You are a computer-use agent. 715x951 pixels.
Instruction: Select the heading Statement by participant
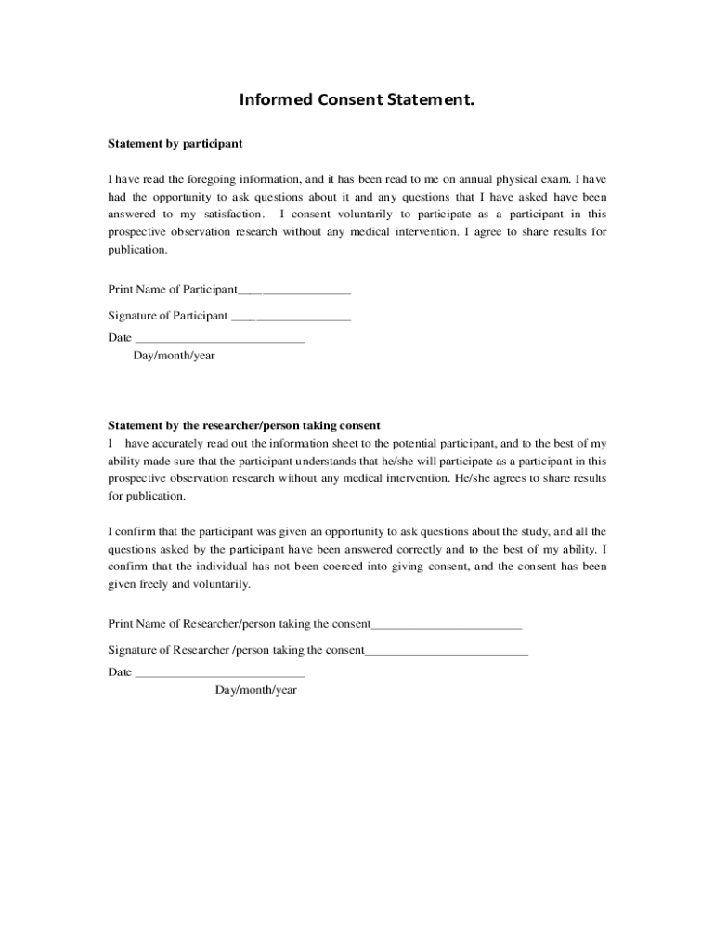tap(175, 144)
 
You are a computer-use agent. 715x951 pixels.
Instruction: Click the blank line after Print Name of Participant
tap(294, 291)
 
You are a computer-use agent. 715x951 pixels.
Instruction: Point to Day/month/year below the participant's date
tap(175, 356)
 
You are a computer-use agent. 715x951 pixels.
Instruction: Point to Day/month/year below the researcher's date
tap(256, 690)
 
